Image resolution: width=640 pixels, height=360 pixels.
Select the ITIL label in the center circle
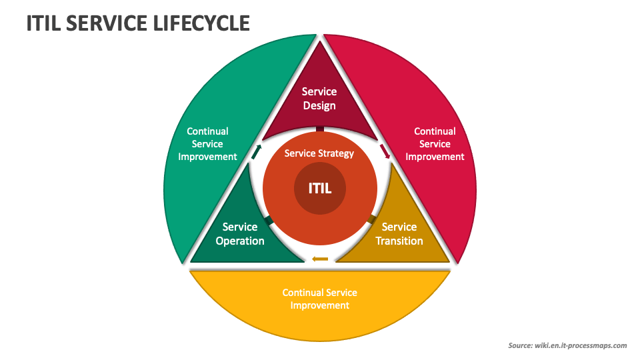coord(319,189)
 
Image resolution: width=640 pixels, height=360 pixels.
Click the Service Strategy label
coord(319,153)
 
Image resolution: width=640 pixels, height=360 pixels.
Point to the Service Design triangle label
coord(319,99)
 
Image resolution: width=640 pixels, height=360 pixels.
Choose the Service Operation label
coord(240,234)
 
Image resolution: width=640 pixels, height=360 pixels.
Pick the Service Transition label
coord(399,234)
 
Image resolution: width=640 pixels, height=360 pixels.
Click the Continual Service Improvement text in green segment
coord(207,144)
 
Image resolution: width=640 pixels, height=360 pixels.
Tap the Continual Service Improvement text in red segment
coord(435,144)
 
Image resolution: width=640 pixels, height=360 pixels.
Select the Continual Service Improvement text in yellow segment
coord(320,299)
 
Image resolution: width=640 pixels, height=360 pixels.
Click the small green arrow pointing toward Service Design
coord(256,151)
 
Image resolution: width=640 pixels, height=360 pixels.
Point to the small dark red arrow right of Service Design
coord(385,151)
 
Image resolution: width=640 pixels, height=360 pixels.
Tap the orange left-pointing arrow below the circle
coord(320,259)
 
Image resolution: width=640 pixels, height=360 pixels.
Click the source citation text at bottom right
coord(567,345)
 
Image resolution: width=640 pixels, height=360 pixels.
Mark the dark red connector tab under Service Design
coord(320,129)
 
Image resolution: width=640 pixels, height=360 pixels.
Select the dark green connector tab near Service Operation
coord(268,220)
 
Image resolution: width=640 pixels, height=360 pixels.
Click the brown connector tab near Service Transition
coord(372,219)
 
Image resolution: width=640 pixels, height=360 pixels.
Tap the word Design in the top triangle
coord(319,105)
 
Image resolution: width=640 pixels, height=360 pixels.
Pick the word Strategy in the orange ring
coord(336,153)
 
